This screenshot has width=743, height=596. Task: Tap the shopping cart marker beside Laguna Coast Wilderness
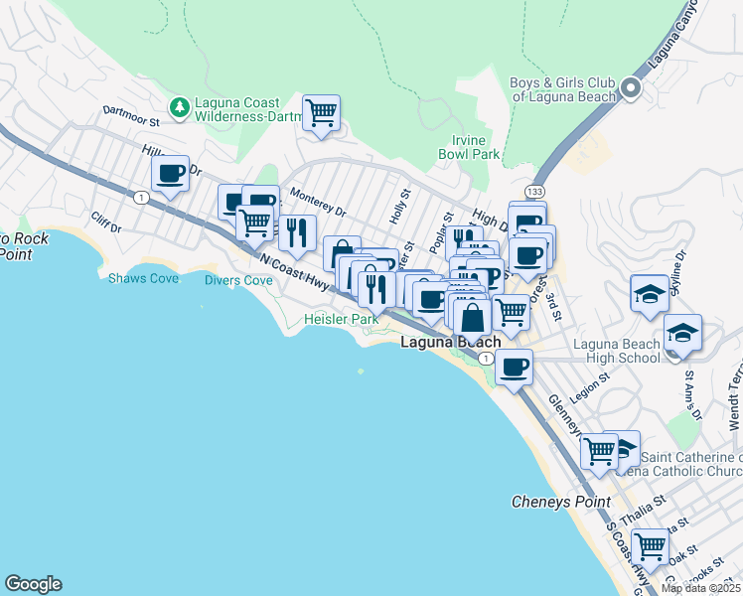tap(321, 113)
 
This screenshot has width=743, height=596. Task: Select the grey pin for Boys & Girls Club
tap(630, 90)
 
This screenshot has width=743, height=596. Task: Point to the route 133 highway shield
tap(534, 190)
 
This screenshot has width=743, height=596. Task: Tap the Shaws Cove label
tap(144, 279)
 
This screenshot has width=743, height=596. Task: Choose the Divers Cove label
tap(238, 280)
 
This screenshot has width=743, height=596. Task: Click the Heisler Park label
tap(341, 320)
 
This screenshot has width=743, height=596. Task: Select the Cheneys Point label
tap(560, 502)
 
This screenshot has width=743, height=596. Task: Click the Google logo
tap(33, 584)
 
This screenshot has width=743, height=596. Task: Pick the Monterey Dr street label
tap(319, 210)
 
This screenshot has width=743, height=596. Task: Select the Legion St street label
tap(587, 379)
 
